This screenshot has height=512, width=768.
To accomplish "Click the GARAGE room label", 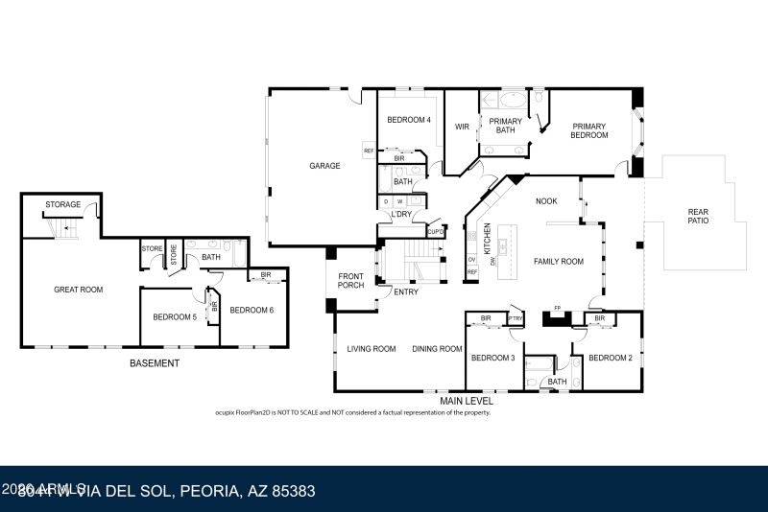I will tap(324, 166).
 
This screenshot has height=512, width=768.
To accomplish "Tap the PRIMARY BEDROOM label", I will tap(590, 130).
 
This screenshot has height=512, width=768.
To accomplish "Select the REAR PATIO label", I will tap(698, 217).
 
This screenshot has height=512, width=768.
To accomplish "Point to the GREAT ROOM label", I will tap(78, 289).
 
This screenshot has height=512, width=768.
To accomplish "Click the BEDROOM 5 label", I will tap(174, 317).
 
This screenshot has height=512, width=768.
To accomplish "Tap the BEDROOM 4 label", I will tap(409, 120).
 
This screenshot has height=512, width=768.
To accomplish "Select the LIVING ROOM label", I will tap(372, 349).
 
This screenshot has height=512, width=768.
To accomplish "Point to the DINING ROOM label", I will tap(438, 349).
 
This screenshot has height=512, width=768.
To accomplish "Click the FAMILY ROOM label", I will tap(559, 261).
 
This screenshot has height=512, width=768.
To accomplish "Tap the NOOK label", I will tap(547, 201).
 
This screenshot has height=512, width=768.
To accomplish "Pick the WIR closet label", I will tap(461, 126).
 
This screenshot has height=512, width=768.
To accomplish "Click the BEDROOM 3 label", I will tap(492, 358).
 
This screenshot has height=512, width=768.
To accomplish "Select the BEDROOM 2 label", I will tap(610, 358).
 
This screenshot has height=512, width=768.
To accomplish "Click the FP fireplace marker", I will tap(557, 309).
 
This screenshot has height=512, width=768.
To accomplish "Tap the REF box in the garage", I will tap(368, 151).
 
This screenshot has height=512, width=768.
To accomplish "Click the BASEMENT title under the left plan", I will tap(155, 363).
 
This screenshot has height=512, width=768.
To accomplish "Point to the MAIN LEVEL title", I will tap(467, 401).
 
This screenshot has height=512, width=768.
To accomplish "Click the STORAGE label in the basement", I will tap(62, 204).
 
